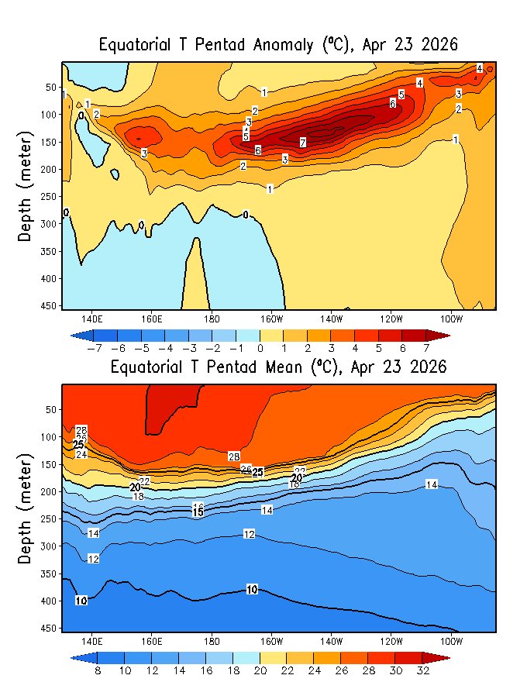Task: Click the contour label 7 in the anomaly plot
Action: [302, 143]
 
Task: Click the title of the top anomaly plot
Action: [278, 45]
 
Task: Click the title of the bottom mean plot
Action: [278, 367]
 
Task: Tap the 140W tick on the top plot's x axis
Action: [331, 319]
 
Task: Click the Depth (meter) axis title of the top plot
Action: [25, 186]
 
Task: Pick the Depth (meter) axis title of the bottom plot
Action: [25, 508]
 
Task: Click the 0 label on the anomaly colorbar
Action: [260, 348]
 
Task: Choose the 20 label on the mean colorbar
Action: [260, 670]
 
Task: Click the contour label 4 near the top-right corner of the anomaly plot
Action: [480, 68]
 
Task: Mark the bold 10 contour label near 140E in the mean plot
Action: [81, 601]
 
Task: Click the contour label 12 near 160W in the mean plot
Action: [250, 535]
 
